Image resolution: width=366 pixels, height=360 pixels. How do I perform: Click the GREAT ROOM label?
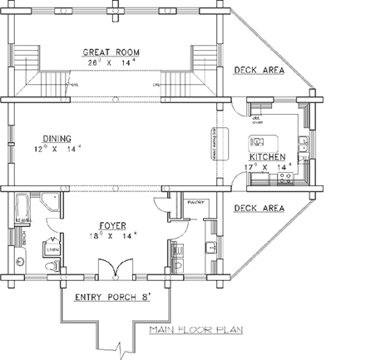[x=115, y=52]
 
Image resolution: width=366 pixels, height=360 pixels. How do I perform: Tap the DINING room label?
[x=52, y=139]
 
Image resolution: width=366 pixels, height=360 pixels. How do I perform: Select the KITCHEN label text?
[x=266, y=156]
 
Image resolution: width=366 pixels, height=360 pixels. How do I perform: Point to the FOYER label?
[x=113, y=224]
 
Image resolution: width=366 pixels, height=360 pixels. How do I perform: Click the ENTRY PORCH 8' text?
[x=116, y=297]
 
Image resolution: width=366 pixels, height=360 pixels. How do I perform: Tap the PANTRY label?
[x=196, y=201]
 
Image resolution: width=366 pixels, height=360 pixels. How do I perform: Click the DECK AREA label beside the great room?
[x=259, y=71]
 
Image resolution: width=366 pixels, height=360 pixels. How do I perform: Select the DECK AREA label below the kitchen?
[x=259, y=208]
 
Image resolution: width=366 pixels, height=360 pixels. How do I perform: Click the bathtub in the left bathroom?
[x=22, y=208]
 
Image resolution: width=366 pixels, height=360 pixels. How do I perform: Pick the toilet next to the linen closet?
[x=52, y=265]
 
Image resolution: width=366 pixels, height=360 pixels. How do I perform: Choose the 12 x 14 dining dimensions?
[x=52, y=150]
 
